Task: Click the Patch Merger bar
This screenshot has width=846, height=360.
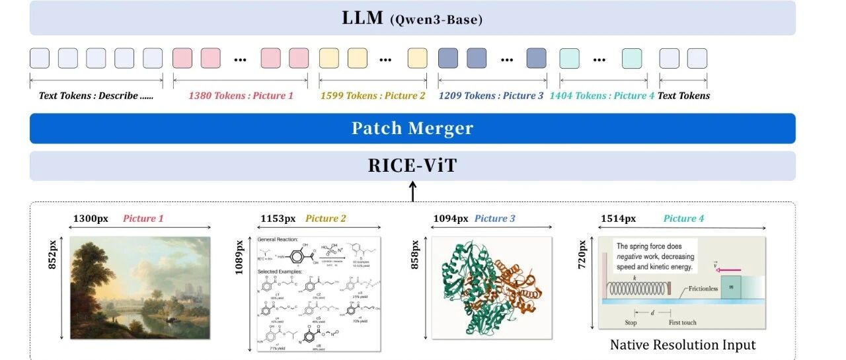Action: click(412, 128)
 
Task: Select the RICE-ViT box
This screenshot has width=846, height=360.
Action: click(412, 166)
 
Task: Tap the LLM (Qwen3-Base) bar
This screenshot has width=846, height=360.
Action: click(412, 18)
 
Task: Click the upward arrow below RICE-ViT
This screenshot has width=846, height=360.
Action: click(413, 192)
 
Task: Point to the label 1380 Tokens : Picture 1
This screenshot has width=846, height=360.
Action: click(241, 96)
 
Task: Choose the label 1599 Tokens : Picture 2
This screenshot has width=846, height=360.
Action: click(373, 96)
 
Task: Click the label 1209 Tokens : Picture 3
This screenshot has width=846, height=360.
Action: click(491, 96)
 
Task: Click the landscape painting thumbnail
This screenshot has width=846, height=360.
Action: click(140, 287)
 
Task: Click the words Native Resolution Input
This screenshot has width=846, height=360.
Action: click(683, 345)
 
